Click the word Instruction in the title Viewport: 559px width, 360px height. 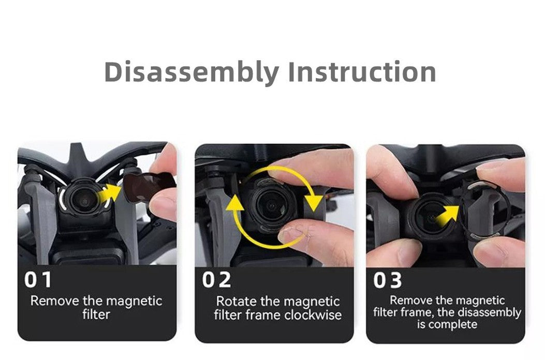(362, 71)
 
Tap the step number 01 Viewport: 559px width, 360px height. (38, 280)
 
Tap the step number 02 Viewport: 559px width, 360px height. (216, 280)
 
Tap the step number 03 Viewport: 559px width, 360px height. (388, 280)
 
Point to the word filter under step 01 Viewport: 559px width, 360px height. (96, 314)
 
